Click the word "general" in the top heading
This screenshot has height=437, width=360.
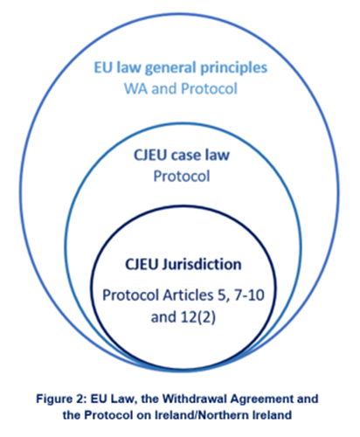(170, 68)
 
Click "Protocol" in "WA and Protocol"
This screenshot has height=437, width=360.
(209, 88)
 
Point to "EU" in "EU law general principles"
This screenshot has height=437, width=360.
(104, 67)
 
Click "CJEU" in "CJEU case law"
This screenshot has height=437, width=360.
(150, 155)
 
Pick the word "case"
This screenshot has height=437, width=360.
(186, 156)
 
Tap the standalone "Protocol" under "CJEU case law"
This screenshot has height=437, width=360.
(181, 177)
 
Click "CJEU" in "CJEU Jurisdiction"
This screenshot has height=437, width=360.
(142, 265)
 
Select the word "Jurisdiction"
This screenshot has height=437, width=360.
(202, 265)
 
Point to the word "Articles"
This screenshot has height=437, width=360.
(188, 295)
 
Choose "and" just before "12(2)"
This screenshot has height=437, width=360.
(163, 317)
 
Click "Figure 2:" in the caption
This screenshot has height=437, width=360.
(61, 399)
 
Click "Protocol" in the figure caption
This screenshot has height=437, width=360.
(108, 415)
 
